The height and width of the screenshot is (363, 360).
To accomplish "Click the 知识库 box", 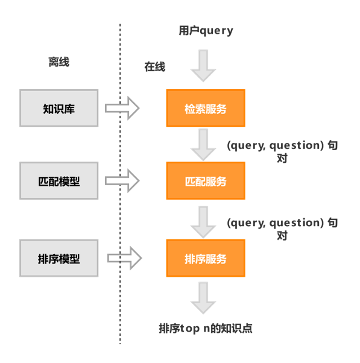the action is (x=59, y=108).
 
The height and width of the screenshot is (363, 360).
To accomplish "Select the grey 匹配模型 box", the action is (x=59, y=180).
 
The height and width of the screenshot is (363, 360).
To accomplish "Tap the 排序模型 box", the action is (x=59, y=258).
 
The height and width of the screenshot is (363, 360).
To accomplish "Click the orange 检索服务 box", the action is (x=206, y=108).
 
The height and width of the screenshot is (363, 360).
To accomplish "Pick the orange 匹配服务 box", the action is (x=206, y=180).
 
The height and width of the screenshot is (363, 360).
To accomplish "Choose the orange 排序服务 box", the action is (x=206, y=258).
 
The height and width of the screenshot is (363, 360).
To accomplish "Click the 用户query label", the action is (x=206, y=31).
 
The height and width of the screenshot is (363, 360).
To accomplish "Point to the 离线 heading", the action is (x=59, y=62).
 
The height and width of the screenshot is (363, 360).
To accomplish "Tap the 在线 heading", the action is (x=154, y=67).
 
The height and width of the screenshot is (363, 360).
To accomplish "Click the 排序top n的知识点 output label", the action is (x=206, y=328).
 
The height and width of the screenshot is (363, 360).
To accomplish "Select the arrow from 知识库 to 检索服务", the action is (x=122, y=108).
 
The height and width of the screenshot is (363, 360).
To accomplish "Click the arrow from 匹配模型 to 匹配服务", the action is (x=122, y=180).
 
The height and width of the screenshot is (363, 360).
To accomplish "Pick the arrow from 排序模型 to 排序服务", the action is (x=125, y=258).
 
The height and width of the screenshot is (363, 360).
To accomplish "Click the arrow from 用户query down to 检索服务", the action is (x=203, y=66).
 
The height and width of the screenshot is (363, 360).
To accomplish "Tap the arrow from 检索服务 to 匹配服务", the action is (x=203, y=145).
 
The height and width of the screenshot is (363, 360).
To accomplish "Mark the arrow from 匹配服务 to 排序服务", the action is (x=203, y=223).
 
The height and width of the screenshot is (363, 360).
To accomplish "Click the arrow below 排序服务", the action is (x=203, y=298).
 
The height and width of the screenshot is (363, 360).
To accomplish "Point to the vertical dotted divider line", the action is (x=120, y=184).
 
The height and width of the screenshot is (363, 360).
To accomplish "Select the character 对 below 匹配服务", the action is (x=282, y=235).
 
